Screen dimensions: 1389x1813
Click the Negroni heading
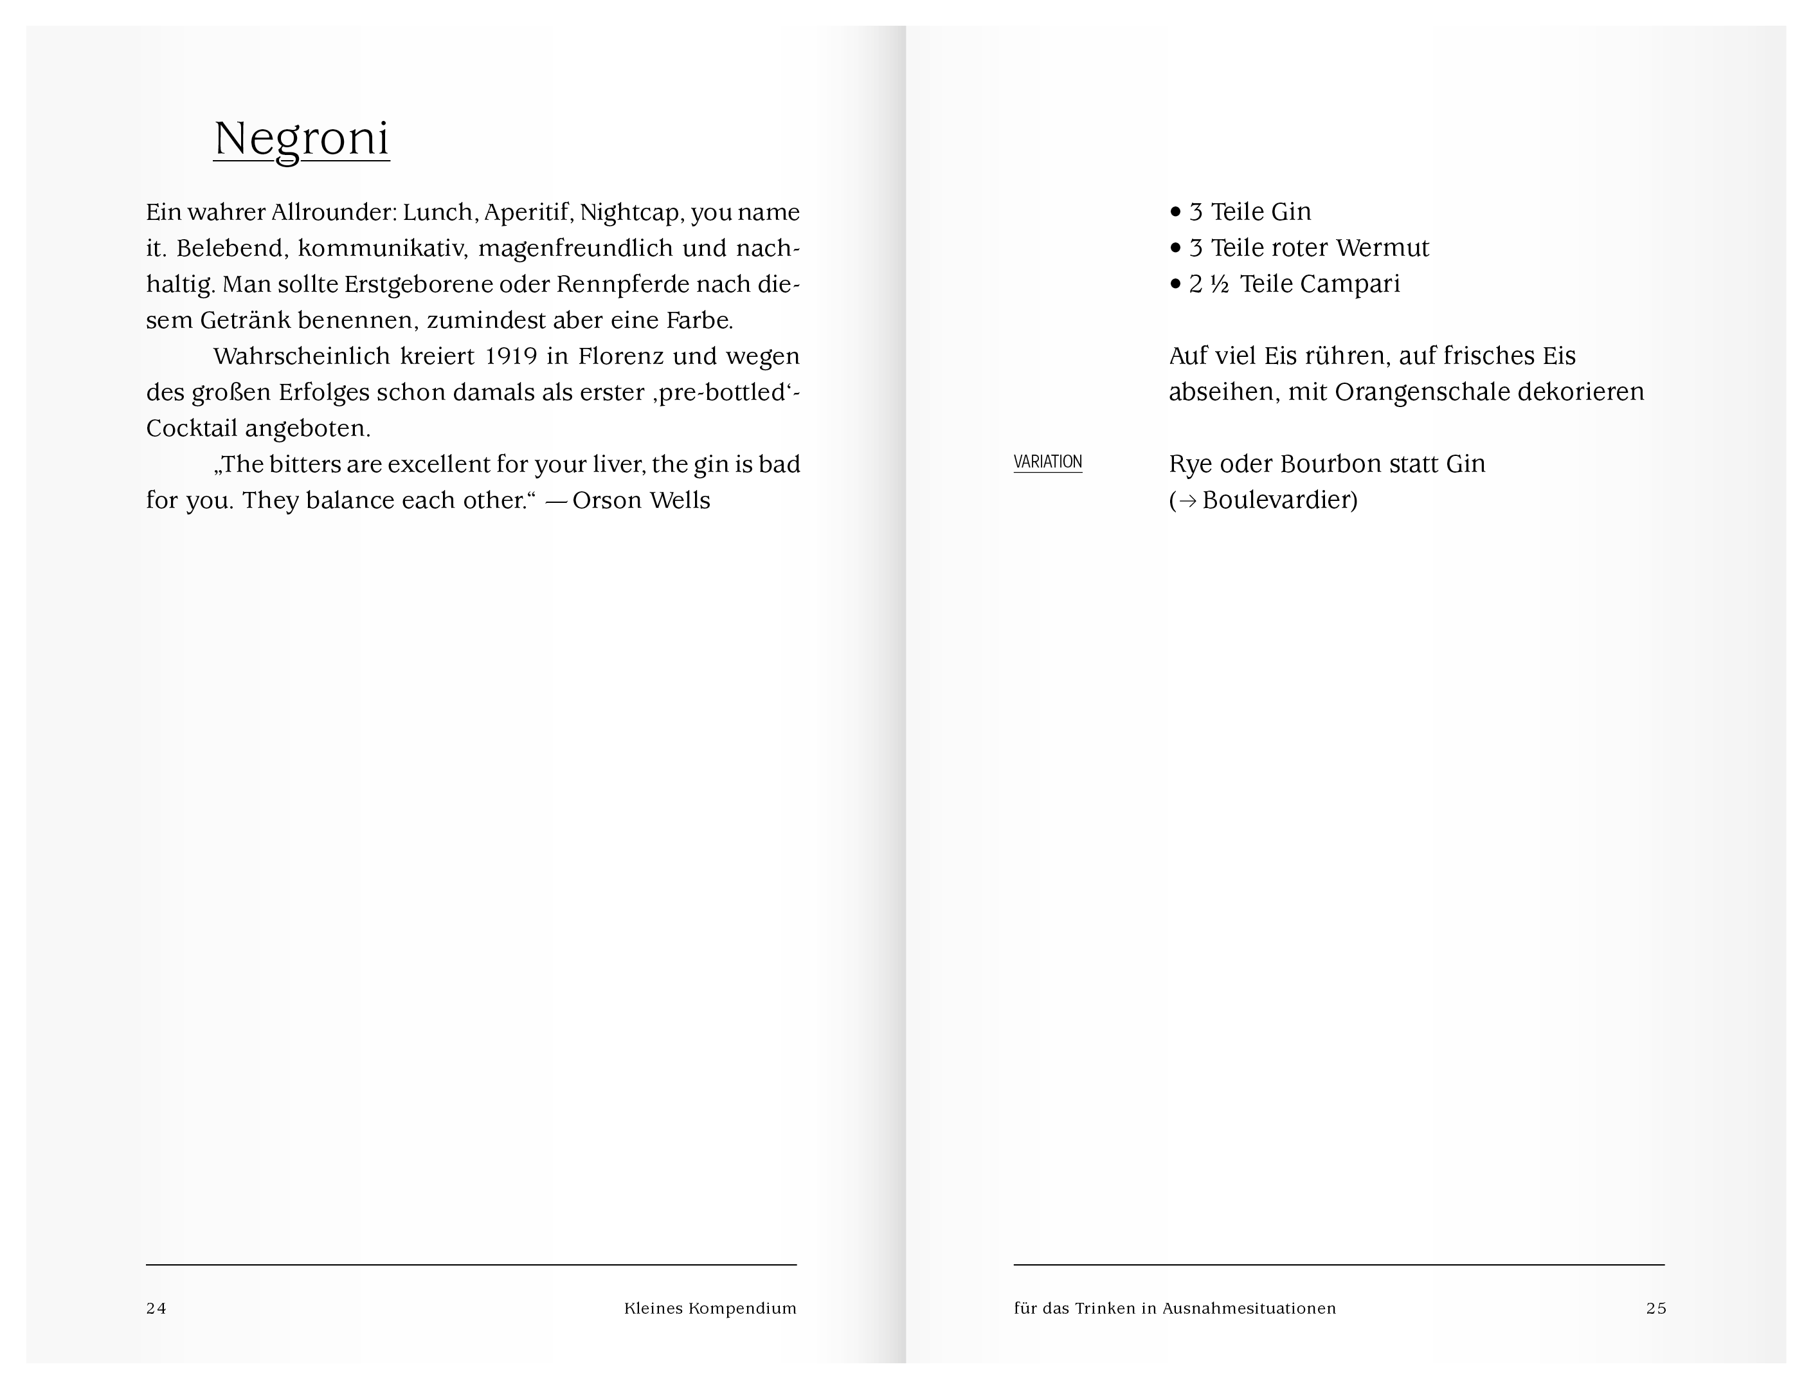tap(301, 138)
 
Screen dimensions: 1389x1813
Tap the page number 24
tap(156, 1308)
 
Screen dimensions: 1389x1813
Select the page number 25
tap(1656, 1308)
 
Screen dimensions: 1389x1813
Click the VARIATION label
tap(1047, 462)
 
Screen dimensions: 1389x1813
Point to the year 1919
tap(511, 356)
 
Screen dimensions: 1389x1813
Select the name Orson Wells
tap(641, 500)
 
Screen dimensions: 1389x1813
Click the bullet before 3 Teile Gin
tap(1176, 212)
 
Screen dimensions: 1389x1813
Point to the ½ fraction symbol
tap(1220, 284)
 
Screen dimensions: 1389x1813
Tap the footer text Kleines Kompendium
tap(710, 1308)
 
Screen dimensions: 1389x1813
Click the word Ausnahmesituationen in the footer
tap(1249, 1308)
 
